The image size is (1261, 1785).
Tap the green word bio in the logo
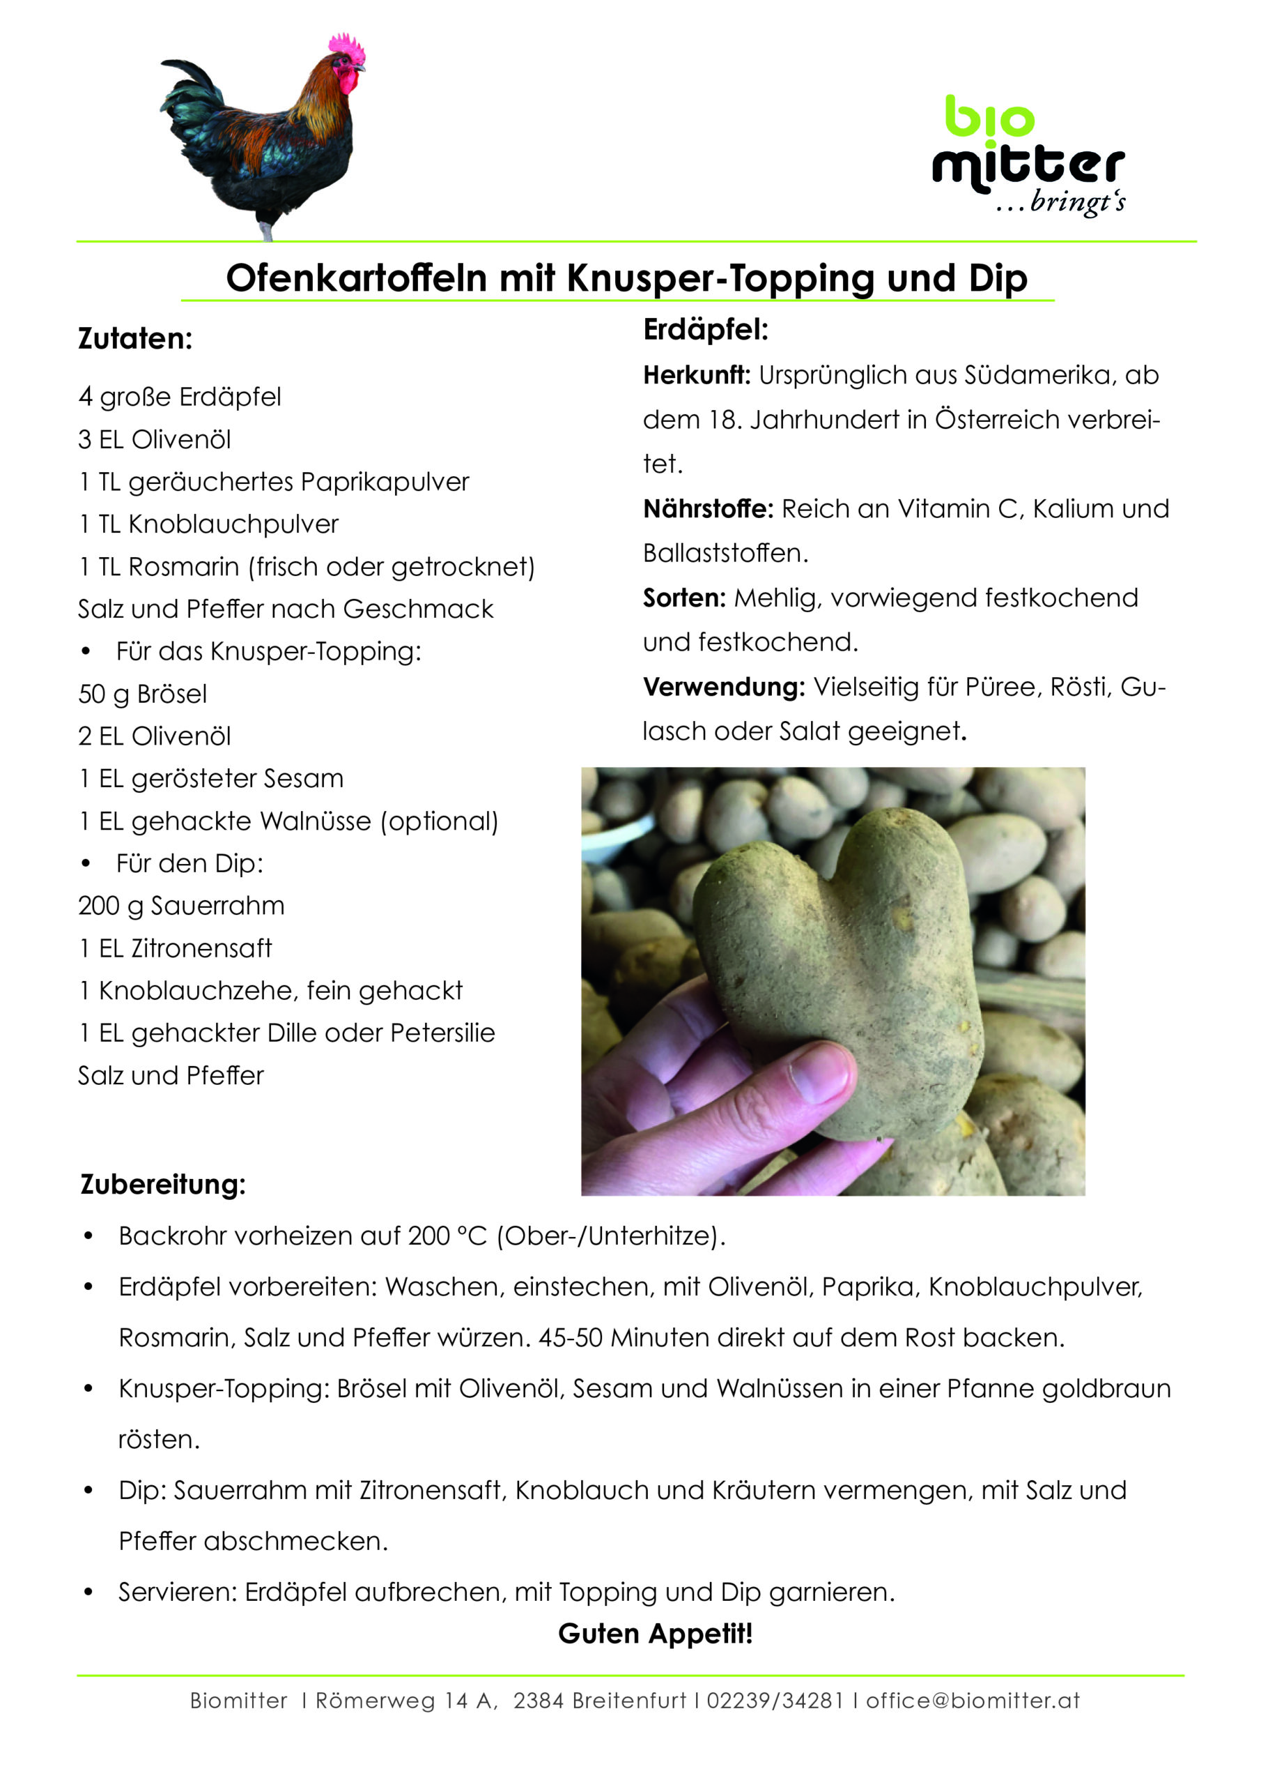coord(989,116)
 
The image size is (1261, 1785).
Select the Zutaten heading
coord(135,339)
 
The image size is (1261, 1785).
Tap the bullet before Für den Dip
coord(86,864)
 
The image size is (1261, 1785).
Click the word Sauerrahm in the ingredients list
coord(217,906)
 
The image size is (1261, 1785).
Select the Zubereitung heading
coord(163,1185)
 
